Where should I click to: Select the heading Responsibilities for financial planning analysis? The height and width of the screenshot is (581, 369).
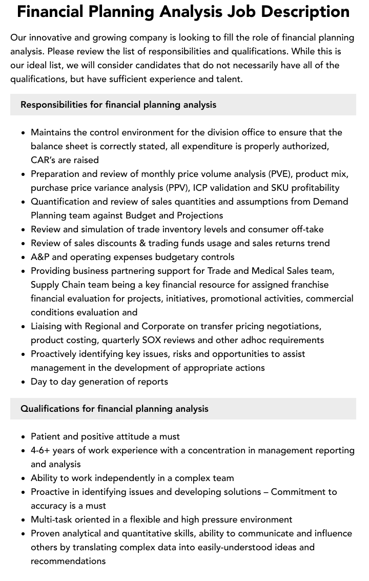point(118,105)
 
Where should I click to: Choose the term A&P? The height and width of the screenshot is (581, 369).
point(40,257)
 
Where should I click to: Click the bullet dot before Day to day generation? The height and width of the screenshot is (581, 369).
point(24,382)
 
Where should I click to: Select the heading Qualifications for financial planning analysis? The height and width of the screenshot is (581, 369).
point(114,409)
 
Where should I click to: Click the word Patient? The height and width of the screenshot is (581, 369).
point(46,436)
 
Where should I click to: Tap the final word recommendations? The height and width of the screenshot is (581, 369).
point(68,561)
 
